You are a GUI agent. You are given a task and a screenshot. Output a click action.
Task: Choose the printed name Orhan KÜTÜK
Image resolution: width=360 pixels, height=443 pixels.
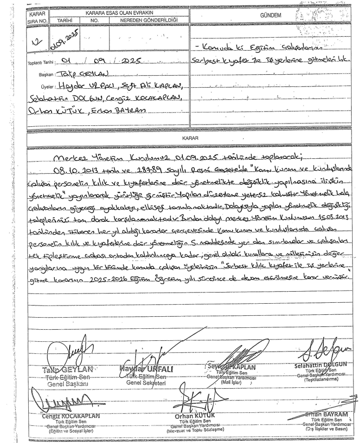coord(187,416)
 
